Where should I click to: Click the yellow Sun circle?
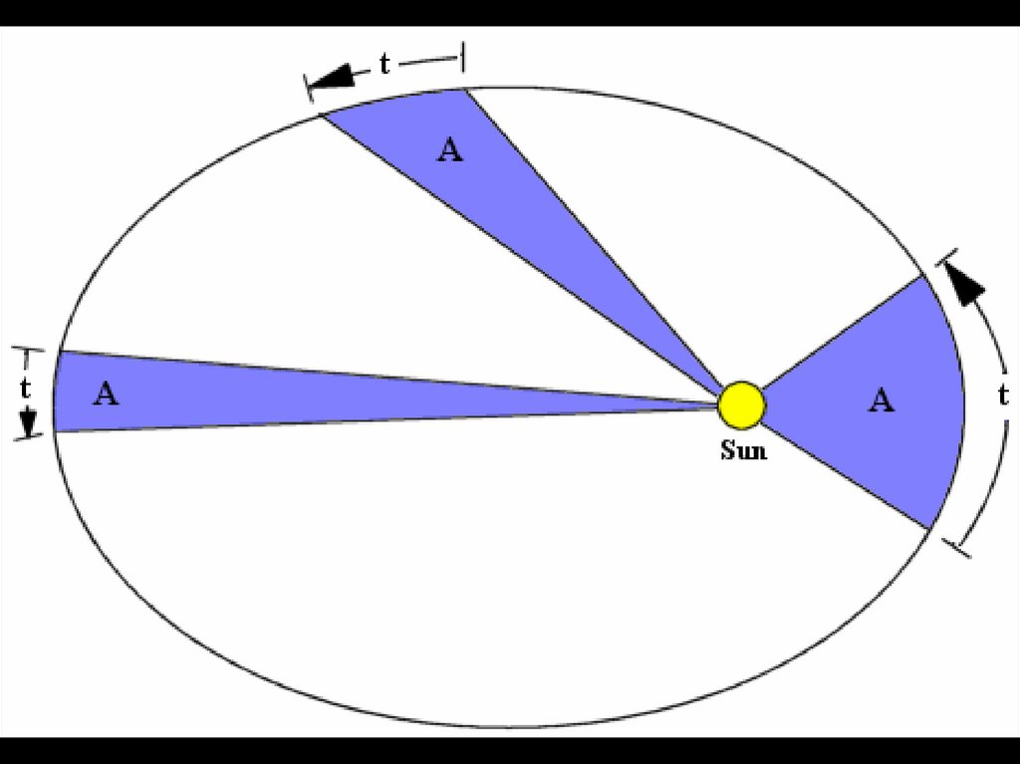[x=742, y=404]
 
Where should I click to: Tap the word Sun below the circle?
[x=743, y=450]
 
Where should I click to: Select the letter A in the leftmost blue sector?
[x=107, y=393]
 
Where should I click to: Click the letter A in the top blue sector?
[x=450, y=150]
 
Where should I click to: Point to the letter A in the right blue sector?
[x=881, y=400]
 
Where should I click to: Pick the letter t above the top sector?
[x=384, y=66]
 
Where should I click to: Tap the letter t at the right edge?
[x=1003, y=394]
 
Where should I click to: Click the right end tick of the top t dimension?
[x=463, y=56]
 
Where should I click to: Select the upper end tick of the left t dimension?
[x=28, y=349]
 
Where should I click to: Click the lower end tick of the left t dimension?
[x=29, y=439]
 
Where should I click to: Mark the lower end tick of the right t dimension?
[x=956, y=548]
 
